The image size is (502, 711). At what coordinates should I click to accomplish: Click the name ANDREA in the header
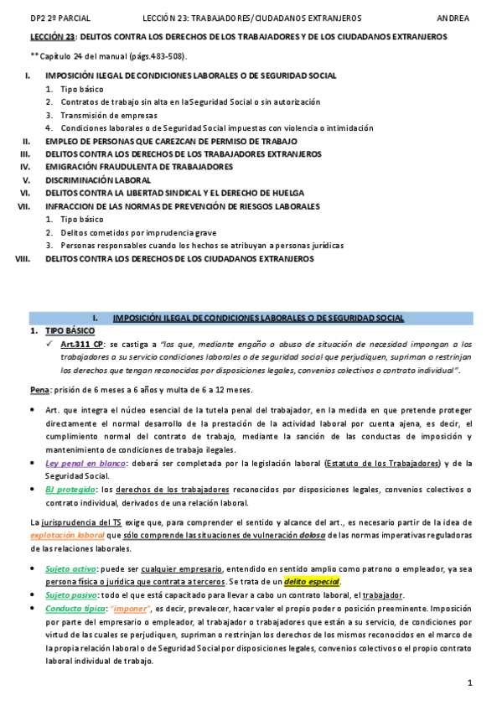[x=453, y=18]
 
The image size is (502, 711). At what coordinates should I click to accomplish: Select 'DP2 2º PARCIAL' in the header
[x=54, y=18]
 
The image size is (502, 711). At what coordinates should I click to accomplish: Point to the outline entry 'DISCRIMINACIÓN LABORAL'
[x=98, y=180]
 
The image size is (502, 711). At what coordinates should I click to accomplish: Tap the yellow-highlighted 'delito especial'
[x=311, y=582]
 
